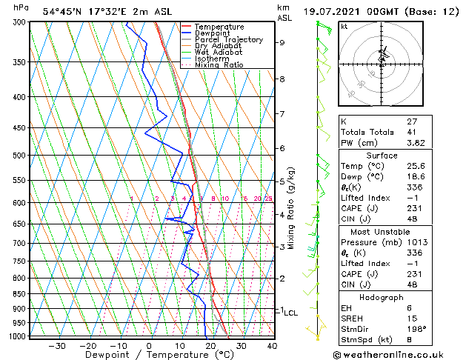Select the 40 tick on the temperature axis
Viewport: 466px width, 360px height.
pos(272,346)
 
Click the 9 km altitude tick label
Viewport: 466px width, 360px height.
pos(282,43)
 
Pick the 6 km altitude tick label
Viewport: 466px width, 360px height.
pos(282,148)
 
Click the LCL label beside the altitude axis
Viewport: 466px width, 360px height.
pos(291,313)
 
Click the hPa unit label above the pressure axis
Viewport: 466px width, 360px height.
pos(21,8)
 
